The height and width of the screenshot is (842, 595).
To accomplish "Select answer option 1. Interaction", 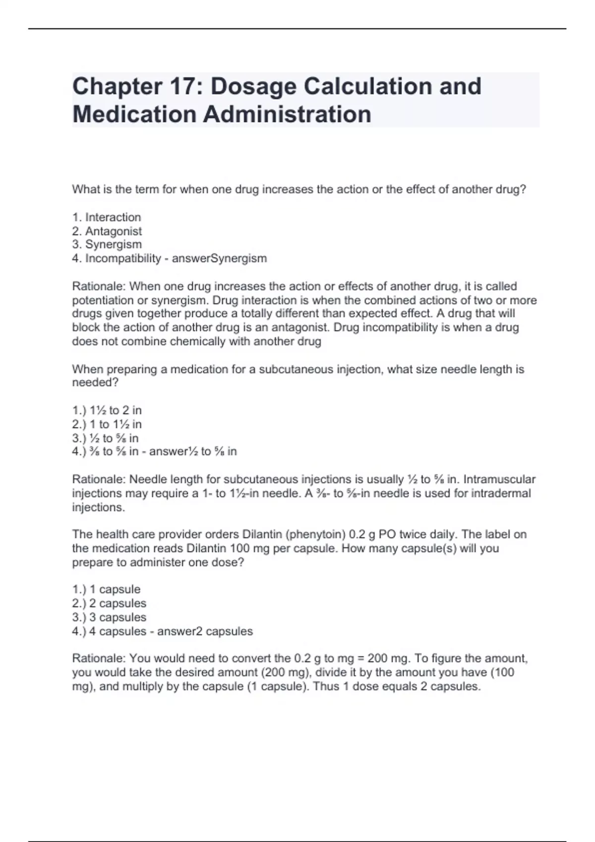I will coord(107,217).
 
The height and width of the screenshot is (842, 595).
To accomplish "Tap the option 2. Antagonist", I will coord(107,231).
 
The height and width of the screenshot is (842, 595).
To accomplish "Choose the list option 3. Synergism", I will coord(107,244).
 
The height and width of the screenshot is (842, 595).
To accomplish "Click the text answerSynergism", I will coord(219,258).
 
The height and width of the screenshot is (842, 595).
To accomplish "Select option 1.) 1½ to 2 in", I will coord(107,410).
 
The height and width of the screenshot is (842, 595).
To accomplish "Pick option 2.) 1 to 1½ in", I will coord(107,424).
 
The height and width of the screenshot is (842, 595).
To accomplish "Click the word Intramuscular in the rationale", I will coord(499,479).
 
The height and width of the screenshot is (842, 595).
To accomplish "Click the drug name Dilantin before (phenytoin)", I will coord(261,534).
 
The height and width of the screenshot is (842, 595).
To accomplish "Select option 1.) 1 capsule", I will coord(107,589).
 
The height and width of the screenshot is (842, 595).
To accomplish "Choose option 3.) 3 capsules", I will coord(109,617).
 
